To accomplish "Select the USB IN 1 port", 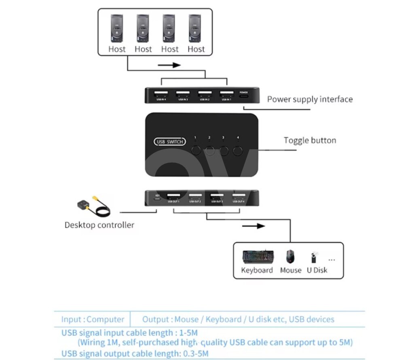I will click(x=226, y=94).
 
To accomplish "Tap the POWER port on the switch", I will click(x=244, y=95).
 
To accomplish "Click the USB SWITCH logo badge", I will click(x=170, y=142).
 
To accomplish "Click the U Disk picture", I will click(x=314, y=257).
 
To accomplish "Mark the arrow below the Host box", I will click(x=168, y=65).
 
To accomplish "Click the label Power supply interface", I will click(x=310, y=99).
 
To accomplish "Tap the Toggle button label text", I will click(x=310, y=140).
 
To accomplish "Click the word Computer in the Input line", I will click(x=106, y=319).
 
